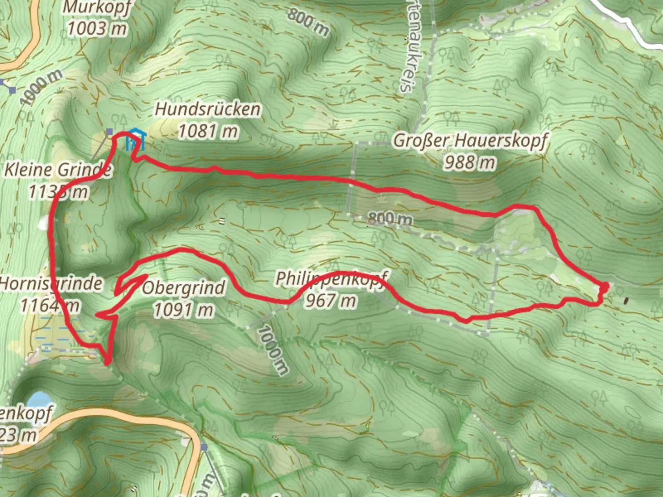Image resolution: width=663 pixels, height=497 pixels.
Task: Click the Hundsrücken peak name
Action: point(208,110)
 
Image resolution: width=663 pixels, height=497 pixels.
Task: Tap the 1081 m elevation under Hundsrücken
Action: point(208,132)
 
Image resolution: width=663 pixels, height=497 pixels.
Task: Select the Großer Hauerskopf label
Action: point(470,140)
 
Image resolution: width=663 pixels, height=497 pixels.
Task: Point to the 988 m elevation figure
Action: point(470,162)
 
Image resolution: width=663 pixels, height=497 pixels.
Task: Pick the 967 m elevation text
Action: point(330,301)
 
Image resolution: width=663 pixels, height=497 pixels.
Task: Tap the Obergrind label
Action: point(184,289)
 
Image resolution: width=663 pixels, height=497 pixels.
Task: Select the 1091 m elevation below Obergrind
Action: point(184,310)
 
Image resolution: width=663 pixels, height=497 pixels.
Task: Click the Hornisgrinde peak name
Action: point(51,283)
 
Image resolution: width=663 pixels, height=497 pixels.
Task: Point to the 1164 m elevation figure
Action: point(50,305)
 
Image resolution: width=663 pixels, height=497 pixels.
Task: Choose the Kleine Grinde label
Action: point(58,170)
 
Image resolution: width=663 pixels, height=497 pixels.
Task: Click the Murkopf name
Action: point(97,7)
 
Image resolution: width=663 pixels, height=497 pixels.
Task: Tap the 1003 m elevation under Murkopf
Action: point(97,29)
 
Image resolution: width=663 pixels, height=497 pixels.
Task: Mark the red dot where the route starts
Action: point(604,287)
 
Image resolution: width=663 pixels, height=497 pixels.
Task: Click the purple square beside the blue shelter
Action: point(110,133)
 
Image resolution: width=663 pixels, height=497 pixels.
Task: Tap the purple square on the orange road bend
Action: point(204,447)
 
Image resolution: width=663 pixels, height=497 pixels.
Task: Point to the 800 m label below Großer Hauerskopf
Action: point(390,219)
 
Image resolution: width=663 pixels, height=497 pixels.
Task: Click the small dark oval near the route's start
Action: point(626,301)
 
